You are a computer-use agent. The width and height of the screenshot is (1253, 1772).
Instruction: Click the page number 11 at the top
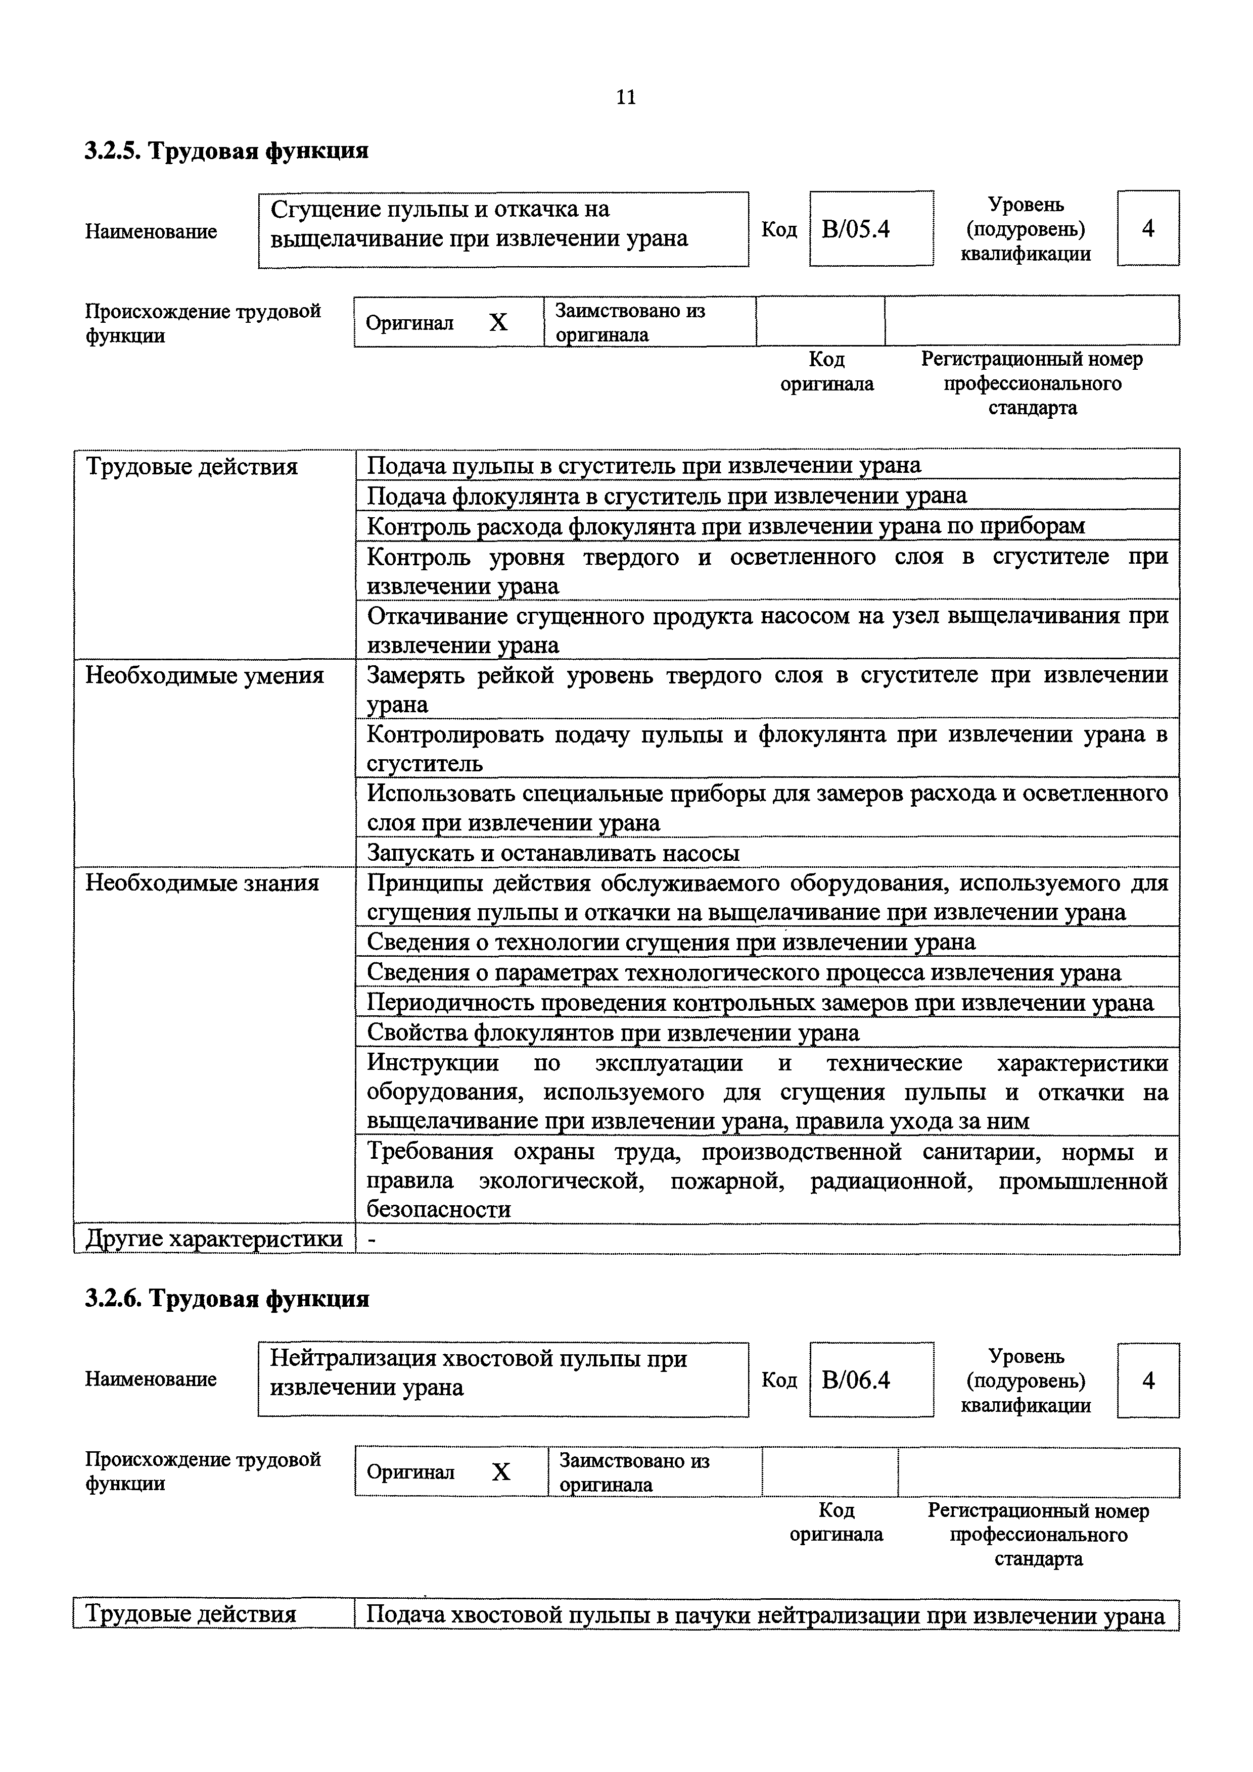[x=626, y=97]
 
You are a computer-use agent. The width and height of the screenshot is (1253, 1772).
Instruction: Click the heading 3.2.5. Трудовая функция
[x=226, y=151]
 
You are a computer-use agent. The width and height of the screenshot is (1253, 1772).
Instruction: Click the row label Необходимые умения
[x=205, y=676]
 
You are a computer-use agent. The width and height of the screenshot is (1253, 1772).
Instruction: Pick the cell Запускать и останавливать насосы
[x=553, y=853]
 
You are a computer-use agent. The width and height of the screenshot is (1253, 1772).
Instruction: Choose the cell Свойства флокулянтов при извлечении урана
[x=613, y=1032]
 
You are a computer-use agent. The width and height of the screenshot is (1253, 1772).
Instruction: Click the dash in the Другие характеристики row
[x=373, y=1239]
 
